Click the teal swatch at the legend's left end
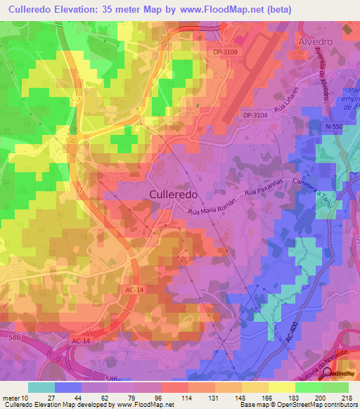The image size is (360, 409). pyautogui.click(x=41, y=387)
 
